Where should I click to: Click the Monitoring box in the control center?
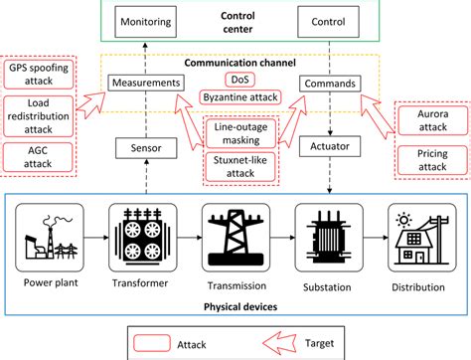click(x=146, y=20)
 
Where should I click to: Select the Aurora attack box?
click(x=429, y=120)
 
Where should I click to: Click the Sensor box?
click(x=146, y=147)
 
